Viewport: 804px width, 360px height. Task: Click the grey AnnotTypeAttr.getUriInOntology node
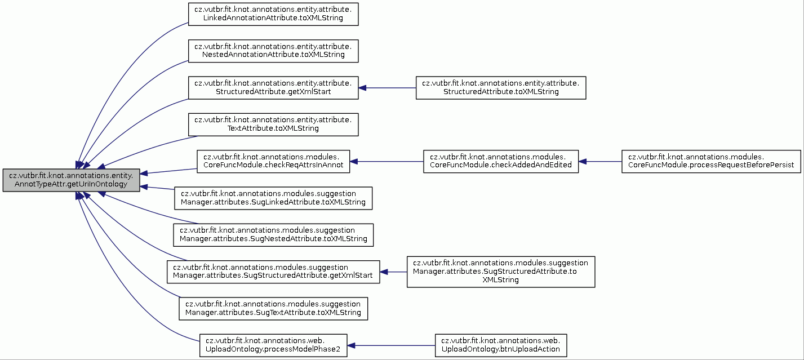pyautogui.click(x=71, y=180)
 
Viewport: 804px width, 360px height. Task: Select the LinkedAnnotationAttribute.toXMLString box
pyautogui.click(x=273, y=14)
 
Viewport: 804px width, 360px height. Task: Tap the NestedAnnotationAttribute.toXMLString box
pyautogui.click(x=273, y=51)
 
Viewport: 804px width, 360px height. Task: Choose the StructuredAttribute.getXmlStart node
pyautogui.click(x=273, y=87)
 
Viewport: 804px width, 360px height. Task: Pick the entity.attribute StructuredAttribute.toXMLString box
pyautogui.click(x=501, y=87)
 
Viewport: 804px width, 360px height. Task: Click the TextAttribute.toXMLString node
pyautogui.click(x=273, y=125)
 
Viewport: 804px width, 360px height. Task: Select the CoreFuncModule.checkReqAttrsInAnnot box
pyautogui.click(x=273, y=162)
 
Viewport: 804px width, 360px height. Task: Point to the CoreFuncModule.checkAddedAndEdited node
pyautogui.click(x=501, y=162)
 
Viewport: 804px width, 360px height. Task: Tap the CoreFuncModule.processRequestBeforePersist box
pyautogui.click(x=711, y=162)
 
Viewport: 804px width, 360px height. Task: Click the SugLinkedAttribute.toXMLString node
pyautogui.click(x=273, y=198)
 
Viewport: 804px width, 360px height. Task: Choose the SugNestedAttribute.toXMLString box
pyautogui.click(x=273, y=235)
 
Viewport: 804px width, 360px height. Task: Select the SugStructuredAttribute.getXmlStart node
pyautogui.click(x=273, y=272)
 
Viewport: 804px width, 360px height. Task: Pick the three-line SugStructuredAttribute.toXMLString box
pyautogui.click(x=501, y=272)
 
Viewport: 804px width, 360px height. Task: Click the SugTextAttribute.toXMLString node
pyautogui.click(x=273, y=309)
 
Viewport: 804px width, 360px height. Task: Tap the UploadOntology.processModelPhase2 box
pyautogui.click(x=273, y=346)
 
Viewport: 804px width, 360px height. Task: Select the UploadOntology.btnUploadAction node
pyautogui.click(x=501, y=346)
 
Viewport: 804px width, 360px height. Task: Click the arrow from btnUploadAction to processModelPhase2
pyautogui.click(x=391, y=346)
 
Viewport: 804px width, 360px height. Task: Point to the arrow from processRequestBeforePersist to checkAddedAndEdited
pyautogui.click(x=600, y=162)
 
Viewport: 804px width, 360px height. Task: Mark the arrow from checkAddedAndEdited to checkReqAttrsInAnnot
pyautogui.click(x=387, y=162)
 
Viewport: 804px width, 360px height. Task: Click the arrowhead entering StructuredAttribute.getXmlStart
pyautogui.click(x=362, y=87)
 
